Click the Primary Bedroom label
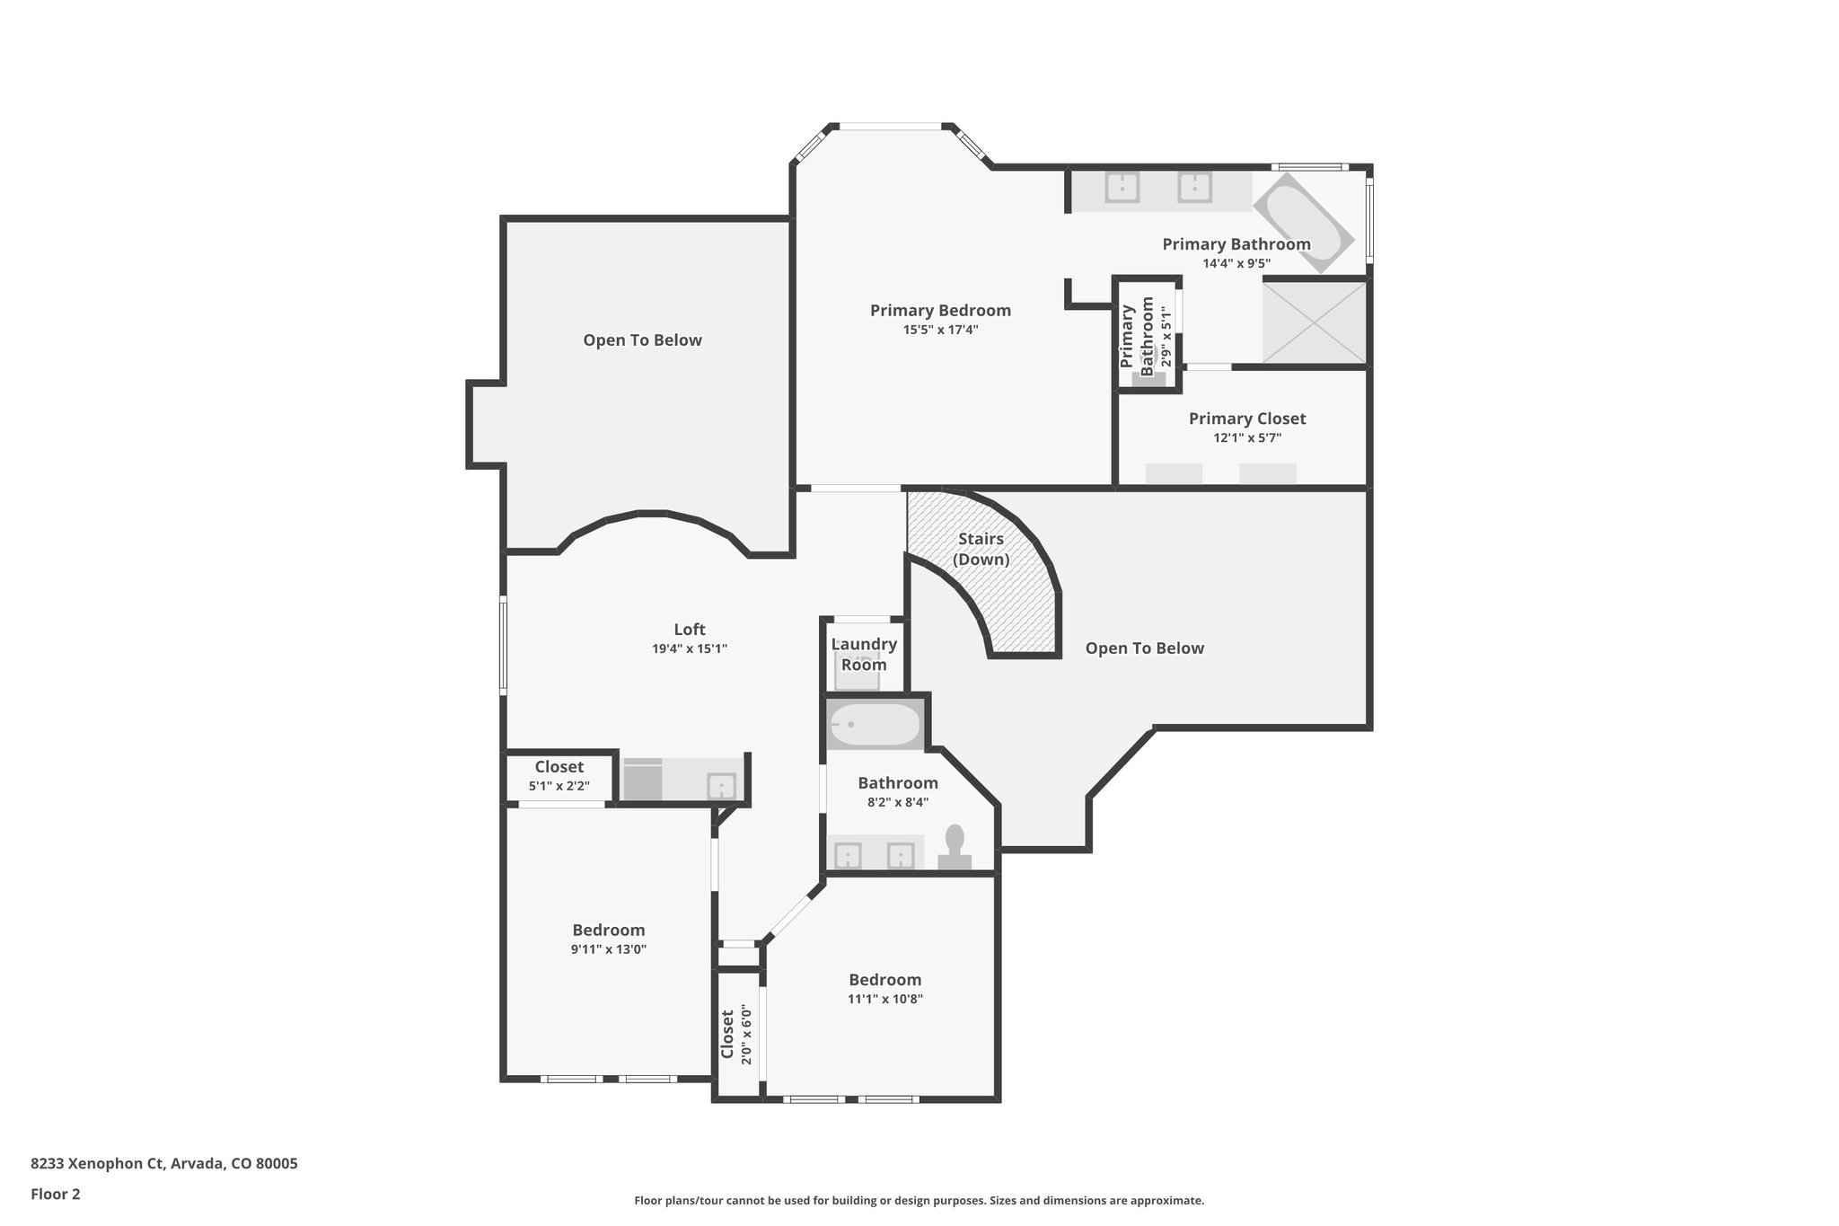[940, 311]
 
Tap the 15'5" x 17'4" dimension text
[940, 331]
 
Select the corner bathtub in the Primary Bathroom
[1303, 222]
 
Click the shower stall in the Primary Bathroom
[1314, 322]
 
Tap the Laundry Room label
[864, 654]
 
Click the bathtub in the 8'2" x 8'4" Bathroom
[874, 725]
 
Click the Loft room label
[690, 630]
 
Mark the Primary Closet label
[1247, 419]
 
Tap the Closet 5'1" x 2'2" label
[559, 775]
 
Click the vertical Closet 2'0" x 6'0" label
[735, 1034]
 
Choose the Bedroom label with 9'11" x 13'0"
[609, 931]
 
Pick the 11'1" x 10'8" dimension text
[885, 1000]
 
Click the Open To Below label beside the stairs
[1144, 648]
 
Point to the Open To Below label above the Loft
[642, 340]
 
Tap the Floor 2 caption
[56, 1195]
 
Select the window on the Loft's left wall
[503, 645]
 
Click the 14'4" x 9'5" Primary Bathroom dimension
[1236, 264]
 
